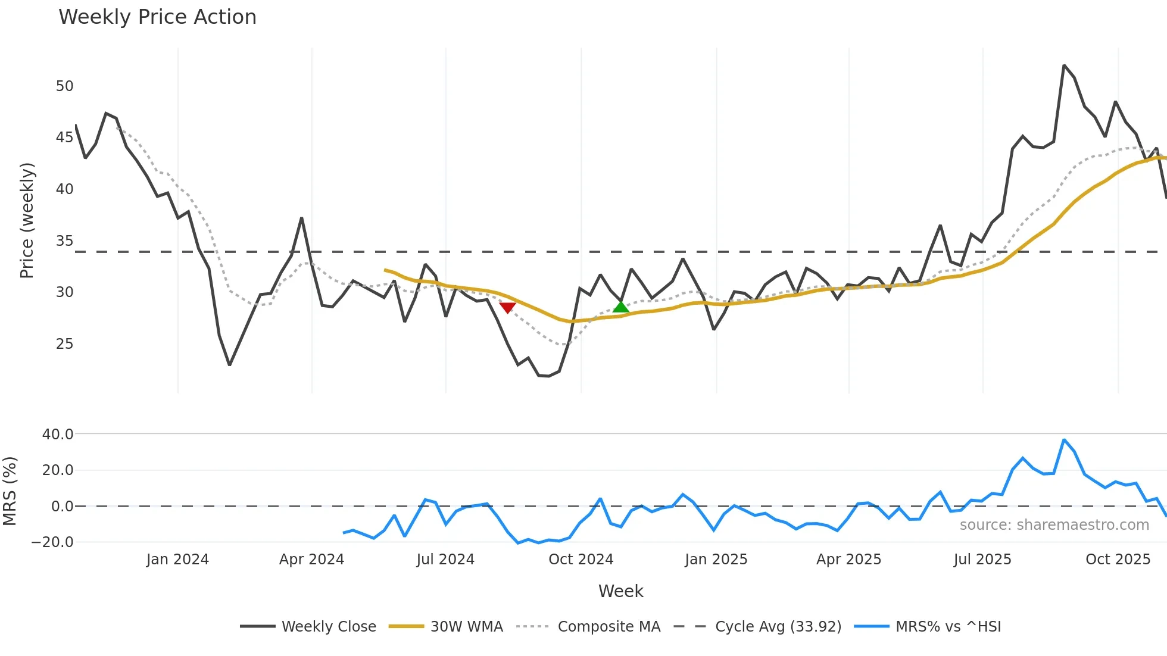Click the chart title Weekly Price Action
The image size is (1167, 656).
[x=157, y=17]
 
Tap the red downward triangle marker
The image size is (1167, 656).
[x=507, y=307]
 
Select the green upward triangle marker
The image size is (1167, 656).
[x=620, y=307]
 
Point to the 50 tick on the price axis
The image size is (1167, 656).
[x=64, y=86]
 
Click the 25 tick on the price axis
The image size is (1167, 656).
[x=64, y=344]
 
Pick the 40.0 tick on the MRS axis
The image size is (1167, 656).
[x=58, y=435]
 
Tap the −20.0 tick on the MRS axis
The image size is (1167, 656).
[x=52, y=542]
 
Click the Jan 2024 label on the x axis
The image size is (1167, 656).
[x=177, y=560]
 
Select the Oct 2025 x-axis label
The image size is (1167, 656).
[x=1118, y=560]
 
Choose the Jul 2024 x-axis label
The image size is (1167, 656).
[x=445, y=560]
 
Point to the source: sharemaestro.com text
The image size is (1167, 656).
[x=1054, y=525]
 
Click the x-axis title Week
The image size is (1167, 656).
[x=620, y=591]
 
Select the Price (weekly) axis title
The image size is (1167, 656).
[x=27, y=220]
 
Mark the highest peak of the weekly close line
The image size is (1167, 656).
[x=1064, y=65]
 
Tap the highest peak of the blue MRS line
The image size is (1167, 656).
[x=1064, y=440]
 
